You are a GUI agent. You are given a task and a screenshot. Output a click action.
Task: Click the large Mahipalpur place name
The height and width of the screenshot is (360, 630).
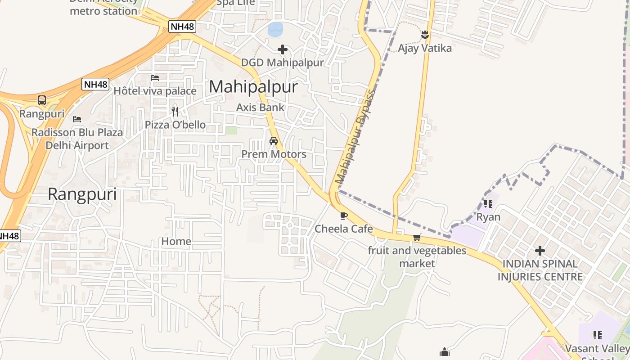point(253,87)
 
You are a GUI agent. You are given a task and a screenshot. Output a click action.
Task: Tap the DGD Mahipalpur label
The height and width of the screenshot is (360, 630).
point(282,63)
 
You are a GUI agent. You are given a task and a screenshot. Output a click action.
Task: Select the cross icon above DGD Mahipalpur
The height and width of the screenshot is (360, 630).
point(283,49)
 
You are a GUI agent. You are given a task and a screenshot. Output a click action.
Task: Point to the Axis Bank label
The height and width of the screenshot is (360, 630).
point(260,108)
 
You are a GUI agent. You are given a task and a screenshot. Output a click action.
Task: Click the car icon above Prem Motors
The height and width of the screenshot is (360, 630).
point(273,141)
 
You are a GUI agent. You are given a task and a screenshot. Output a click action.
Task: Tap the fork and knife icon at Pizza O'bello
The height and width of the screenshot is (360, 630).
point(175,111)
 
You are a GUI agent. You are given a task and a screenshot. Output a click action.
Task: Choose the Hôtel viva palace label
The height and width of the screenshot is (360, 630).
point(155,91)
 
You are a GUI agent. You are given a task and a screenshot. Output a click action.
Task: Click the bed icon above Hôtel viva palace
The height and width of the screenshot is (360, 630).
point(155,78)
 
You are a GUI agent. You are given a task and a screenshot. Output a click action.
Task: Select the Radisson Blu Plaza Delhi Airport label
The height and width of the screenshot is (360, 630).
point(77,139)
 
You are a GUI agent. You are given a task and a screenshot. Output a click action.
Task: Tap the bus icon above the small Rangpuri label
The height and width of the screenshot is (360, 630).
point(42,100)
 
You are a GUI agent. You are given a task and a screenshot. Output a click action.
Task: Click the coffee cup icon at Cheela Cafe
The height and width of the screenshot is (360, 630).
point(344,216)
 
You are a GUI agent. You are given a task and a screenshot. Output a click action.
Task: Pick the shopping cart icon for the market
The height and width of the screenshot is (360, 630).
point(417,237)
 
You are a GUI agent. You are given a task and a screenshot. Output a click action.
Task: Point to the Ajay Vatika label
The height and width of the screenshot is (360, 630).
point(425,48)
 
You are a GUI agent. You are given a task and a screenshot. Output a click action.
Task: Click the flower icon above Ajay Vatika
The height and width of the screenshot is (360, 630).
point(425,35)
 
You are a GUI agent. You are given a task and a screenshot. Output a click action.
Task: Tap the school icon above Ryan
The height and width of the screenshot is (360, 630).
point(488,204)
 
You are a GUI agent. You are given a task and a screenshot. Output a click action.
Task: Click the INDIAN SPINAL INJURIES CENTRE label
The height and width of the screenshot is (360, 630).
point(540,270)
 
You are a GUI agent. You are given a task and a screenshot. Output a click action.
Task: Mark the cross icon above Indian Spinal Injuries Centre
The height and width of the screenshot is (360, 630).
point(540,251)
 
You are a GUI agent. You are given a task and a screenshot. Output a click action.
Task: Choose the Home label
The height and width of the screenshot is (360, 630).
point(176,242)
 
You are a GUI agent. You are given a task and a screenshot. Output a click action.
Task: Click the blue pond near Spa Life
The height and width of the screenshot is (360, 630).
point(275,30)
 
